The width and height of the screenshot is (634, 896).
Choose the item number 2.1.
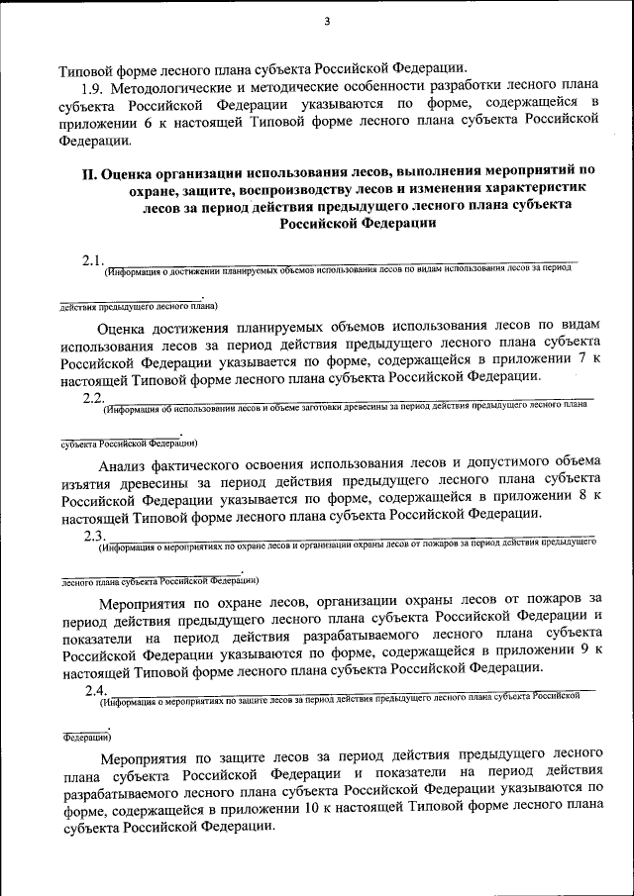(x=94, y=260)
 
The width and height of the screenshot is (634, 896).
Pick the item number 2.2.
(x=94, y=397)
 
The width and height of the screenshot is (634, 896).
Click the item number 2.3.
(x=94, y=536)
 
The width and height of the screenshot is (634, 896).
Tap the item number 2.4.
(x=94, y=690)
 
